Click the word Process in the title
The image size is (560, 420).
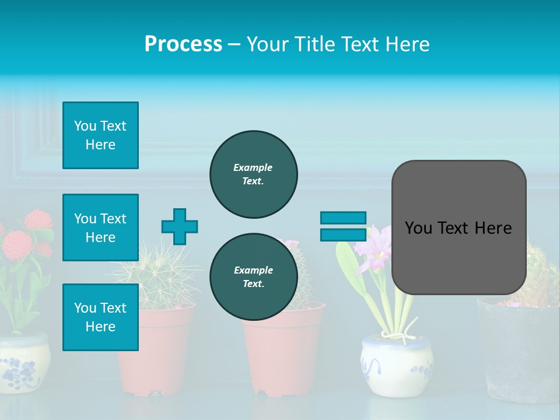(x=183, y=44)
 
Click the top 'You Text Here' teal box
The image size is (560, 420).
(x=100, y=135)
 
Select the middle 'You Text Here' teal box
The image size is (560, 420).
(x=100, y=228)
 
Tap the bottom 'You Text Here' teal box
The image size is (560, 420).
(x=100, y=317)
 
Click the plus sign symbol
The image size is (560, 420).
(x=180, y=226)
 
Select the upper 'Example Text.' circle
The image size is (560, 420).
(x=253, y=174)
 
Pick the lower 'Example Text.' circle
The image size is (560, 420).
(x=253, y=276)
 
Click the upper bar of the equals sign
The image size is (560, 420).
(x=343, y=218)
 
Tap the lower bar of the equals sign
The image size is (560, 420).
(x=343, y=235)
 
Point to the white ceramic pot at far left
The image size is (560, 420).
(x=23, y=362)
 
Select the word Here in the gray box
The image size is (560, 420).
(x=493, y=228)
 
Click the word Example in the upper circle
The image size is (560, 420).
(x=253, y=167)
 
